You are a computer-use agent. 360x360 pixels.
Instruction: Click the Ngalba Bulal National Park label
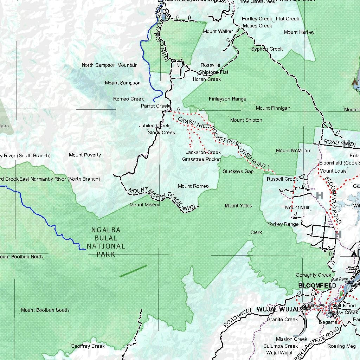[x=106, y=242]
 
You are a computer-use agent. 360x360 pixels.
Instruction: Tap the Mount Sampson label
[x=122, y=83]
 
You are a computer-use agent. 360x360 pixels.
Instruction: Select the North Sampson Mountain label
[x=109, y=65]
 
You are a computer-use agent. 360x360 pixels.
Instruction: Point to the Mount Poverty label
[x=85, y=155]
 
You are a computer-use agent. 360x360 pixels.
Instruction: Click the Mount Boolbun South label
[x=45, y=310]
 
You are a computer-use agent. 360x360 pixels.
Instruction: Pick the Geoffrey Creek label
[x=88, y=346]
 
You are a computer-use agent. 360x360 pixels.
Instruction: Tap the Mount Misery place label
[x=144, y=205]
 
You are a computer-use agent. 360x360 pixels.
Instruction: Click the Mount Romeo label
[x=193, y=186]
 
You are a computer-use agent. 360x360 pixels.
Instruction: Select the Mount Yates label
[x=238, y=206]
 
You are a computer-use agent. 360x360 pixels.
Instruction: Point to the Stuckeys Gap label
[x=238, y=171]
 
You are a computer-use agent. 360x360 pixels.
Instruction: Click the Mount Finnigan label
[x=273, y=108]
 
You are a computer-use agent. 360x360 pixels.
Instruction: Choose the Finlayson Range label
[x=227, y=99]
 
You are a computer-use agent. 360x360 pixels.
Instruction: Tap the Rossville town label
[x=211, y=65]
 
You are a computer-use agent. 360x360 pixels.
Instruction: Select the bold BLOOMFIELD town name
[x=317, y=285]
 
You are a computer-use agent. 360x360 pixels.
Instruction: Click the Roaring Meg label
[x=341, y=346]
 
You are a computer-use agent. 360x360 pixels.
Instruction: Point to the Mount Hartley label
[x=299, y=32]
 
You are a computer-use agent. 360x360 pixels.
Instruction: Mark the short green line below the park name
[x=133, y=271]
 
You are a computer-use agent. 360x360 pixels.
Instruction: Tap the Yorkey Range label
[x=283, y=224]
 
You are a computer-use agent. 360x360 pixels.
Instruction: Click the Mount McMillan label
[x=293, y=150]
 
